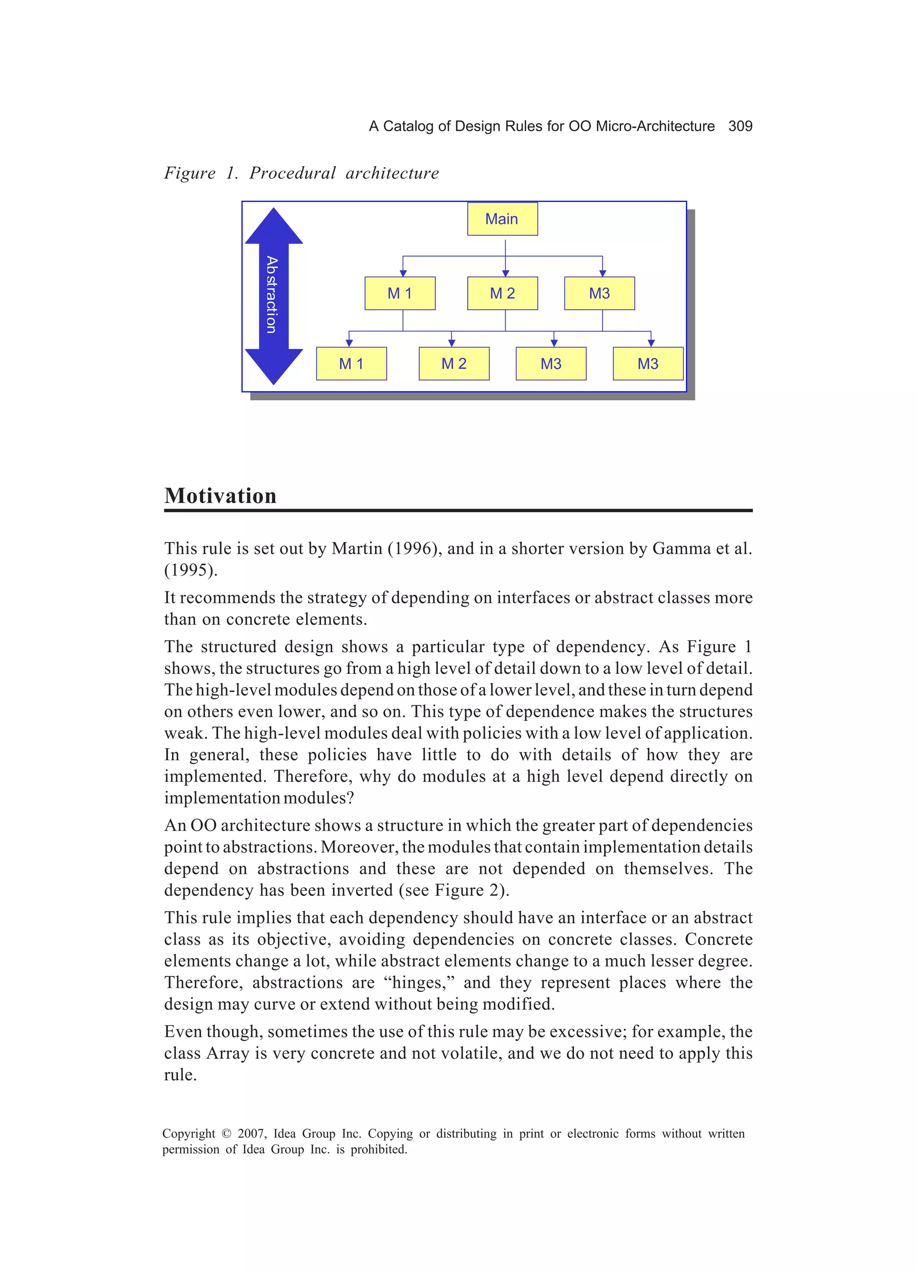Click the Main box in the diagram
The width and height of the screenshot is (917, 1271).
pos(502,219)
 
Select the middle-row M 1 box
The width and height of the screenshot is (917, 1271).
pos(399,293)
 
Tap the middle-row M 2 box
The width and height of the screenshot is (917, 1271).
pos(502,293)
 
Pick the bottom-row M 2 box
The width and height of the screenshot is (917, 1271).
pos(454,364)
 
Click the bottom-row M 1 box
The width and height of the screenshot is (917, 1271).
pos(351,364)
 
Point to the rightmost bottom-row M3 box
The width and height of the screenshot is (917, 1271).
pos(647,364)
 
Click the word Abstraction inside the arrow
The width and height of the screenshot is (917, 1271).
pos(272,295)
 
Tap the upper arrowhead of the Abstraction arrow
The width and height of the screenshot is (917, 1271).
pos(274,227)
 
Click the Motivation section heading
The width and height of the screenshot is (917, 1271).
pos(220,496)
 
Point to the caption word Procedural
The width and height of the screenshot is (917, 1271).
pos(292,173)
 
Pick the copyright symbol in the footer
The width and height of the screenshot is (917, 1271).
pos(226,1134)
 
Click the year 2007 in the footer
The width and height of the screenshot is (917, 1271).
pos(252,1134)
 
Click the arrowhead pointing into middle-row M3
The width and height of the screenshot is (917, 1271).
pos(602,273)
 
